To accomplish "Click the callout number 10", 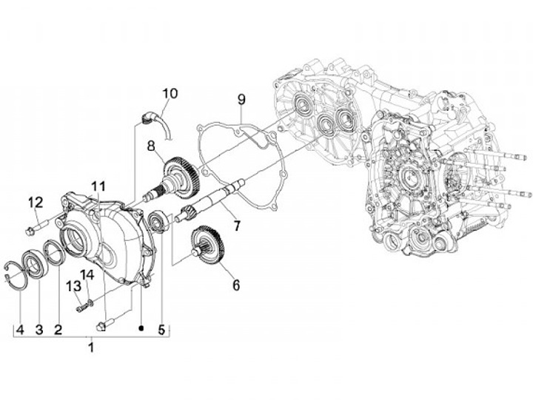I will click(x=170, y=94).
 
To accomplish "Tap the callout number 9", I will click(x=241, y=99).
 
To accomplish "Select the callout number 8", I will click(x=150, y=146).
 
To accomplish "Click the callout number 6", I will click(x=236, y=285).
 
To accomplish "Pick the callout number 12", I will click(x=36, y=202).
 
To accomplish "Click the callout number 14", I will click(x=88, y=275).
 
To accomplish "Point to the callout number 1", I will click(x=91, y=347).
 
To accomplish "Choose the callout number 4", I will click(x=21, y=330).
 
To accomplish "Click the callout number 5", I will click(x=162, y=330).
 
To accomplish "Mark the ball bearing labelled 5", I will click(x=158, y=221).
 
